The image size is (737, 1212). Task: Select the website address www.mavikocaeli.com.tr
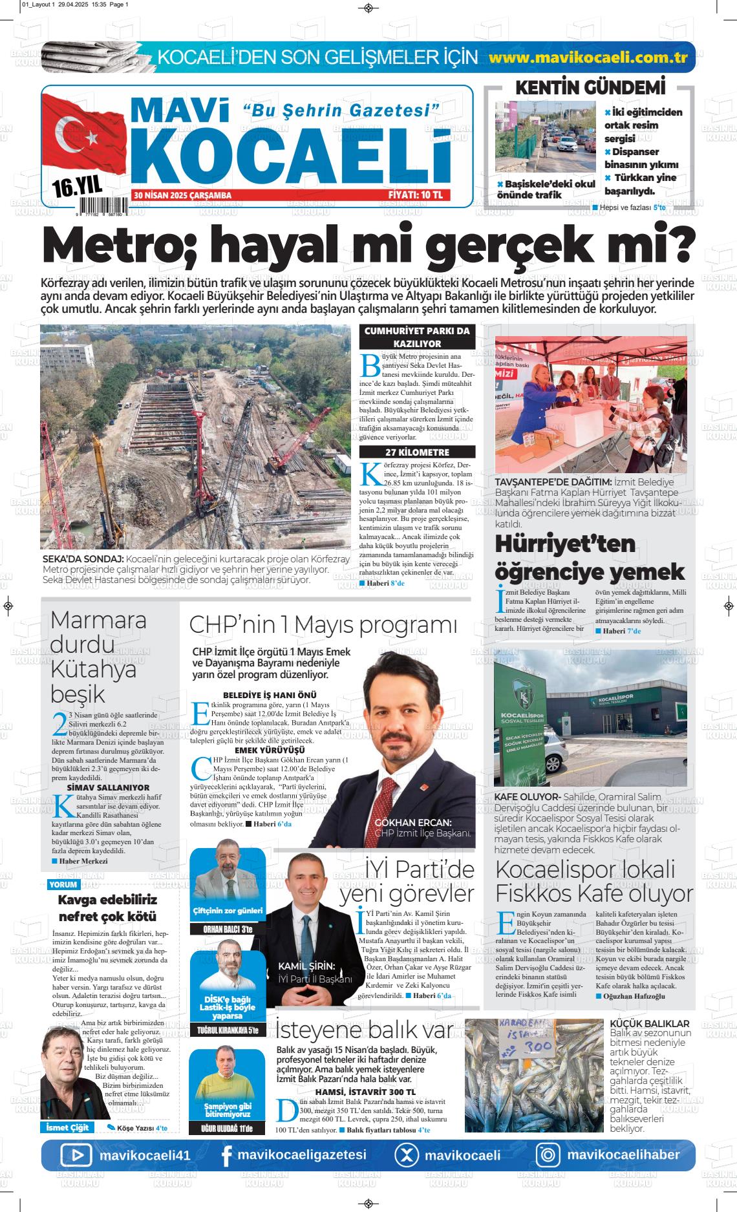(587, 57)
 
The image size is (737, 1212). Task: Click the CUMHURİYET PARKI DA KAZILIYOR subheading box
(417, 337)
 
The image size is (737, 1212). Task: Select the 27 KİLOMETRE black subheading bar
(417, 452)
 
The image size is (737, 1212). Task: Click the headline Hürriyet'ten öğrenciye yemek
(589, 557)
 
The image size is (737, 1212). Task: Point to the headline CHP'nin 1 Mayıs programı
(323, 625)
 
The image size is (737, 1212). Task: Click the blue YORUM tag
(63, 884)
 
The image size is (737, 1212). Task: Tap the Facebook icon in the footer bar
(226, 1156)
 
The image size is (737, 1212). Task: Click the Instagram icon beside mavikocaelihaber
(548, 1155)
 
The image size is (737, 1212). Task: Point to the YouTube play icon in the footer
(76, 1155)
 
